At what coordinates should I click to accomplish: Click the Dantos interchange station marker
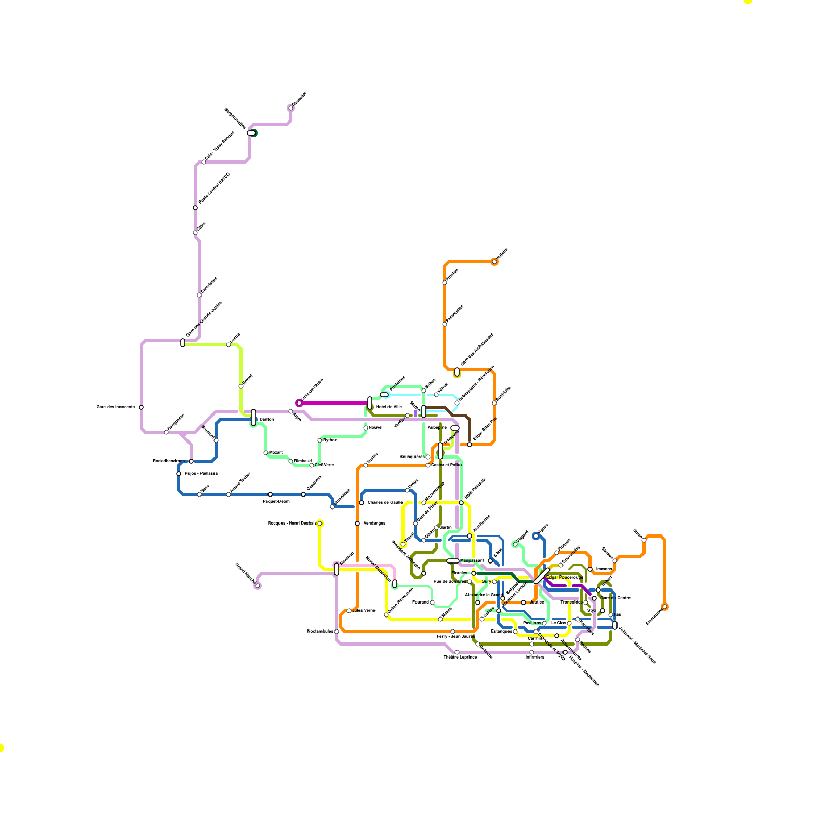[x=253, y=418]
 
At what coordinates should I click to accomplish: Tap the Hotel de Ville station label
[x=388, y=407]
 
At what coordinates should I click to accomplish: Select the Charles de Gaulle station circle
[x=361, y=503]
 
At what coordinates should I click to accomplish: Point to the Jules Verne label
[x=364, y=610]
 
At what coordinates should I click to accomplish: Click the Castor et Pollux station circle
[x=428, y=465]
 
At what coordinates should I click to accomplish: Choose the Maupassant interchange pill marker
[x=453, y=561]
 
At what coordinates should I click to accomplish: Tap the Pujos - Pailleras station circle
[x=179, y=474]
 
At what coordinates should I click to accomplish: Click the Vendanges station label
[x=374, y=523]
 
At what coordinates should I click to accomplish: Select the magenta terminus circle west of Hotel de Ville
[x=299, y=403]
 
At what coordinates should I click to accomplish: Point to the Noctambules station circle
[x=337, y=632]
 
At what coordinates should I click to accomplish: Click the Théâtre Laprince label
[x=460, y=657]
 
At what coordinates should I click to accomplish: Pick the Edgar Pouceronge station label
[x=565, y=577]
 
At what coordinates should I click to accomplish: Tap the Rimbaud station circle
[x=291, y=461]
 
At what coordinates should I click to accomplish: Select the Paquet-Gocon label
[x=276, y=501]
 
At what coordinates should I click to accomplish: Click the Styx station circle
[x=602, y=611]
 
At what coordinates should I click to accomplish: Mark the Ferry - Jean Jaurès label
[x=455, y=636]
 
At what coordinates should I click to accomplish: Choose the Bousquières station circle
[x=428, y=457]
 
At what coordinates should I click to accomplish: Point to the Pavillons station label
[x=532, y=623]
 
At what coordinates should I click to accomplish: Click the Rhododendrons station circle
[x=191, y=461]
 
